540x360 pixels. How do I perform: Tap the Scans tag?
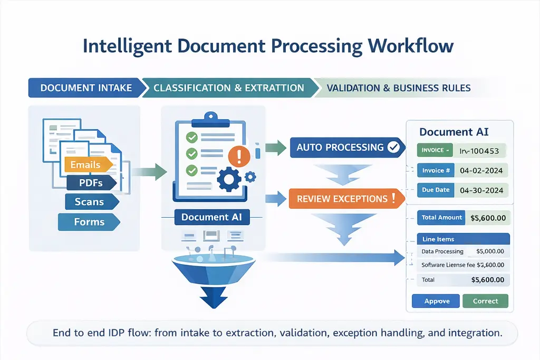click(89, 202)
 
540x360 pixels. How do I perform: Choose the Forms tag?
click(89, 222)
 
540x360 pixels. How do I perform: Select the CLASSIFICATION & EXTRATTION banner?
click(229, 87)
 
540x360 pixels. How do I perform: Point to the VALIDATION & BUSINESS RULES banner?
click(399, 87)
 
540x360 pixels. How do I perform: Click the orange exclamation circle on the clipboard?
click(240, 155)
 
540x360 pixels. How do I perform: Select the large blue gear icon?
click(229, 179)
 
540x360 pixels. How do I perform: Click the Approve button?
click(437, 301)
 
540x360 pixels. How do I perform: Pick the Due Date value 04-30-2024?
click(481, 190)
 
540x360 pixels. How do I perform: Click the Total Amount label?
click(442, 217)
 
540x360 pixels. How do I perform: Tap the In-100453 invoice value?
click(479, 150)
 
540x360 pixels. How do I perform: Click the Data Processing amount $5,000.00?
click(489, 251)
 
